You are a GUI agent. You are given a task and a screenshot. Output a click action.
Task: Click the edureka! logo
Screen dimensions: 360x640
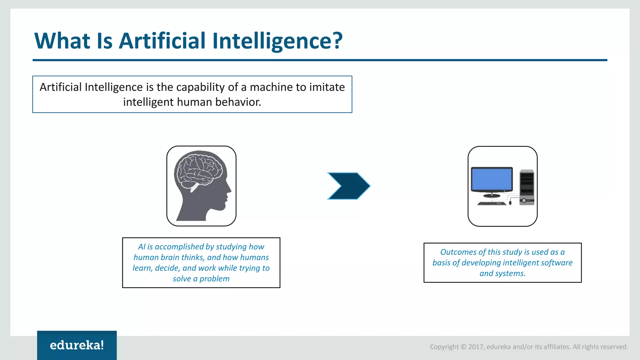[x=77, y=345]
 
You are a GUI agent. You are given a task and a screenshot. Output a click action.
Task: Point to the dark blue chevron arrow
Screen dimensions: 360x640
[x=348, y=186]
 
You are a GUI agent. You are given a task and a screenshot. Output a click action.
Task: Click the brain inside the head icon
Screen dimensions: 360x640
[x=199, y=170]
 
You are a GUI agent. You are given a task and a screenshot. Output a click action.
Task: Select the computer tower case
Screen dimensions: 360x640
[x=527, y=187]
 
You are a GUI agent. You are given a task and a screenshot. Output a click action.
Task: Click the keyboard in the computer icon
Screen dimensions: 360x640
[x=492, y=203]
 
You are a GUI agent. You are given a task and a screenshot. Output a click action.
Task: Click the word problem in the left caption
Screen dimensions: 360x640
[x=214, y=279]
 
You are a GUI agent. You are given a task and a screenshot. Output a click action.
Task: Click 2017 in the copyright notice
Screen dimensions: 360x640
[x=476, y=347]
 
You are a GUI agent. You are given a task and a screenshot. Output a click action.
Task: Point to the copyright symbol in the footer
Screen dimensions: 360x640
[x=463, y=347]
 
